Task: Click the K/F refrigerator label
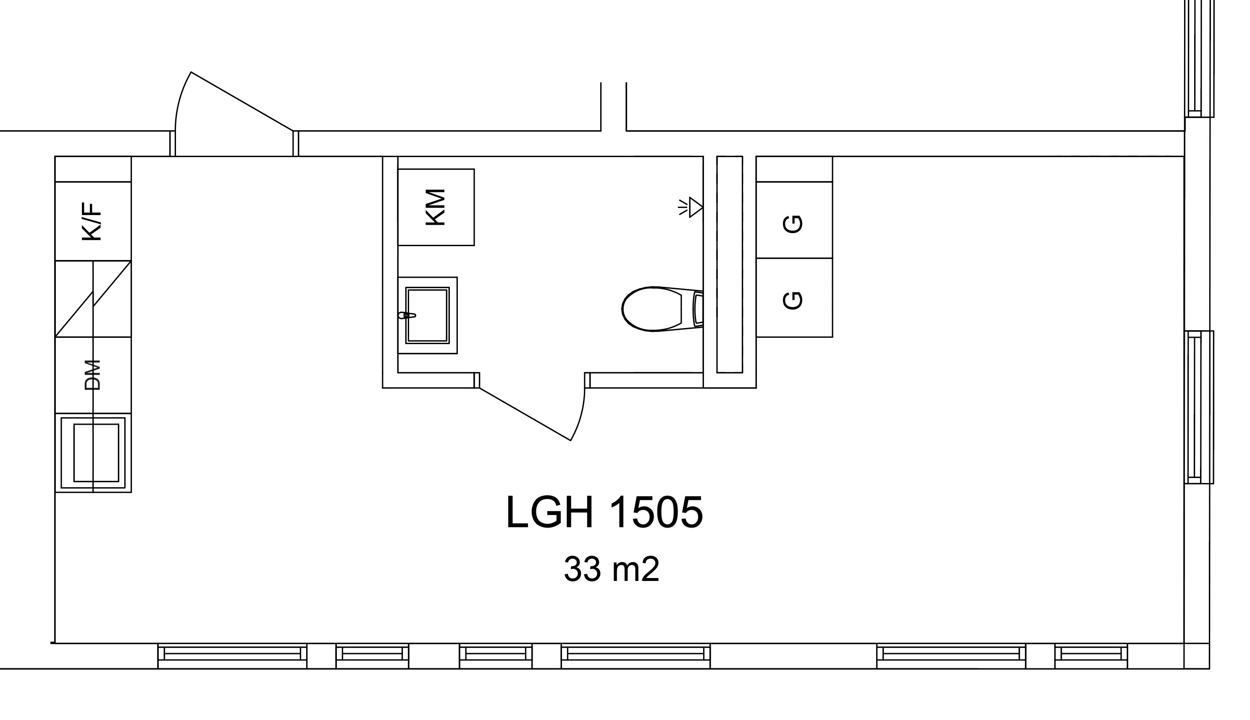[92, 221]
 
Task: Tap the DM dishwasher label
[92, 375]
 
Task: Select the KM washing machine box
[436, 207]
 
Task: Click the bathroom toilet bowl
[652, 309]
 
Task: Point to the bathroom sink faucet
[407, 315]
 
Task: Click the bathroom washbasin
[427, 315]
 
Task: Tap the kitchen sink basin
[93, 452]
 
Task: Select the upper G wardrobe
[794, 220]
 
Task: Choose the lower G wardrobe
[794, 298]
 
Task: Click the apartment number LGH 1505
[604, 513]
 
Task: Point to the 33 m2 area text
[612, 570]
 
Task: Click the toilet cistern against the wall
[698, 310]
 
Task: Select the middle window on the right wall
[1199, 407]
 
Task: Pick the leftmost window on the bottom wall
[232, 656]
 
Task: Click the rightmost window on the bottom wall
[1091, 656]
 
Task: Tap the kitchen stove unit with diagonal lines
[93, 299]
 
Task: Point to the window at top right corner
[1199, 58]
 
